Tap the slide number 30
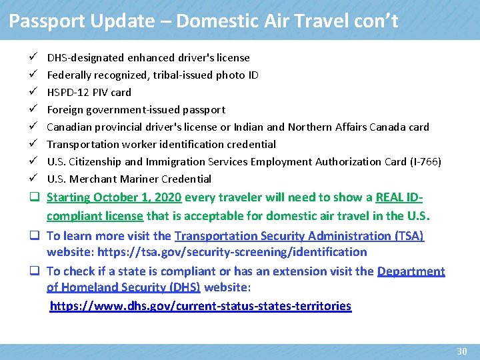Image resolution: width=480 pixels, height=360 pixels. click(462, 351)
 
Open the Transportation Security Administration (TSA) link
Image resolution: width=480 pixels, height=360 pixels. click(299, 236)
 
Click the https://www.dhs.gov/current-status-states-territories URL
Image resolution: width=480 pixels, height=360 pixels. click(201, 306)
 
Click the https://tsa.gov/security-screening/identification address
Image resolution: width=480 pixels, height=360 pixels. click(232, 252)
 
